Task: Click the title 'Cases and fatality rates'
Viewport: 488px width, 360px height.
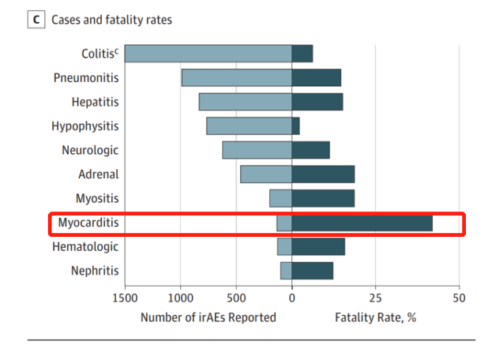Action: point(111,19)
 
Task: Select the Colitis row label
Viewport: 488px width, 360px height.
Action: point(99,54)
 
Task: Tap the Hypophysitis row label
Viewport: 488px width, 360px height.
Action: point(84,126)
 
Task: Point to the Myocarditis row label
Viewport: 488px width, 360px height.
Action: point(88,223)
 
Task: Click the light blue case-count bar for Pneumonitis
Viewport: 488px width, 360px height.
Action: point(236,77)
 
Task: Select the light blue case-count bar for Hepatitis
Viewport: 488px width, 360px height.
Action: point(245,102)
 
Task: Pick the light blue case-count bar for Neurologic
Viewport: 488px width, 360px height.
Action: point(257,150)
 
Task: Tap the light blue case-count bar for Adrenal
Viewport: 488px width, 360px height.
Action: point(266,174)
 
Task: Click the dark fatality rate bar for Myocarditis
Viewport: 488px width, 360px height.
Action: point(362,223)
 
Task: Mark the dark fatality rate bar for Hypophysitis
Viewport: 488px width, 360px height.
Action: point(295,126)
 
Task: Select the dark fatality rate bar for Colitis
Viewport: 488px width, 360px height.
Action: point(302,54)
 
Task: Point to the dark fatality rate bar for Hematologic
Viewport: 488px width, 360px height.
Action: point(317,247)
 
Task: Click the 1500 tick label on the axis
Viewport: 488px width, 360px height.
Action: point(125,298)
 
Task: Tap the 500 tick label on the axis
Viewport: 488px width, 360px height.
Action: point(236,298)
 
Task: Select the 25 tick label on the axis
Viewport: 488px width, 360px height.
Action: point(375,298)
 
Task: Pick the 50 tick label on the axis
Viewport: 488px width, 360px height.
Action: point(459,298)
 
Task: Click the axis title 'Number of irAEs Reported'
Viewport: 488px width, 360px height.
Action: point(208,317)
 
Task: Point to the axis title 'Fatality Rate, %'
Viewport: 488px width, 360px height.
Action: point(375,317)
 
